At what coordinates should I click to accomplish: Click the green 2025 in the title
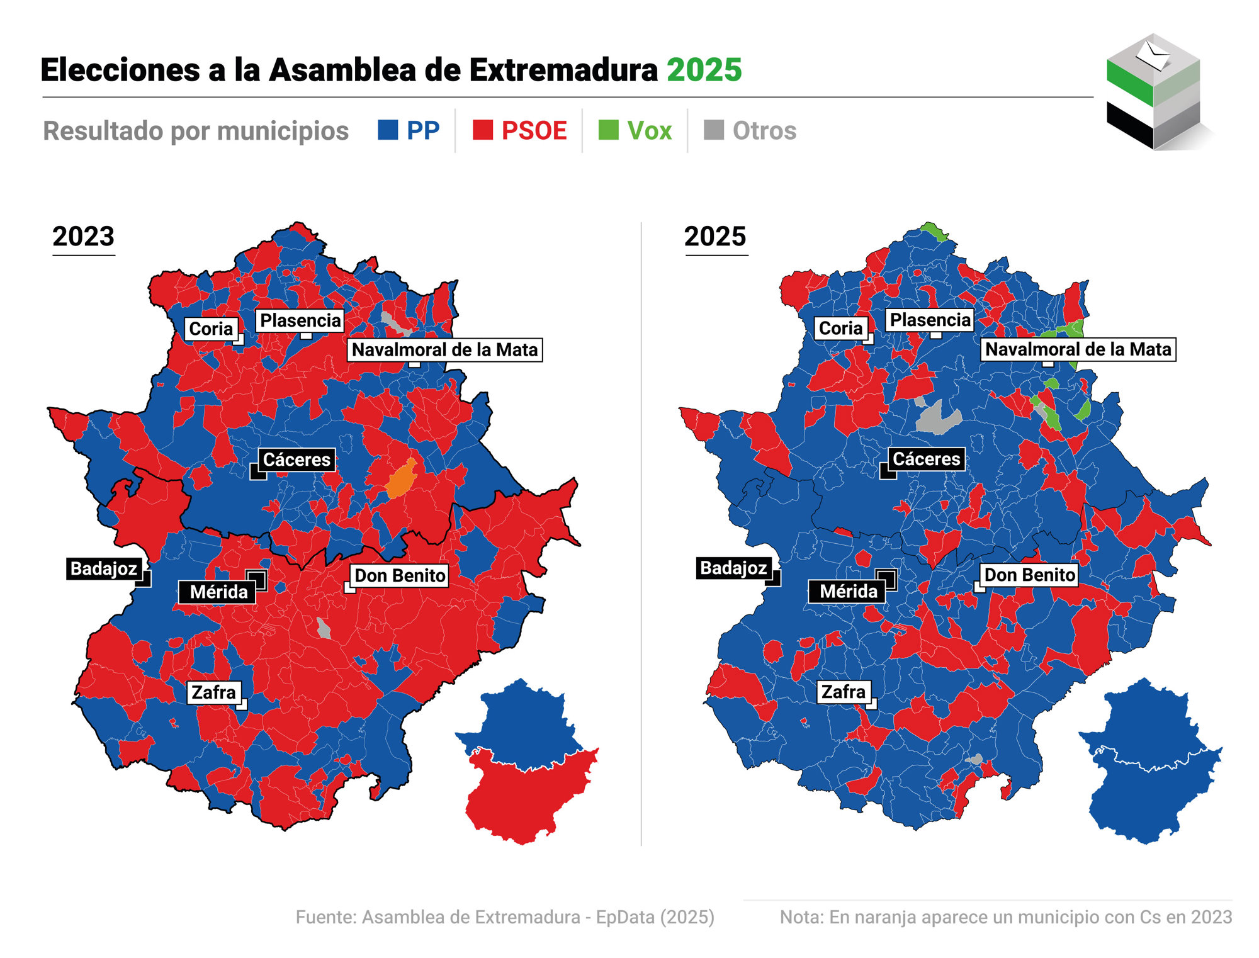pyautogui.click(x=704, y=70)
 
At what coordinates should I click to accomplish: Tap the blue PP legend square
pyautogui.click(x=388, y=130)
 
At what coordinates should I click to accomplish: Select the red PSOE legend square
pyautogui.click(x=483, y=130)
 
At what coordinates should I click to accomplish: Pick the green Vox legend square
pyautogui.click(x=609, y=130)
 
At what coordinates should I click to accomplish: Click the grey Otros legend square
pyautogui.click(x=714, y=130)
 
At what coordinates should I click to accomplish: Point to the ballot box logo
pyautogui.click(x=1153, y=92)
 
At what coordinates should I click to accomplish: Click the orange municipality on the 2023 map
pyautogui.click(x=401, y=480)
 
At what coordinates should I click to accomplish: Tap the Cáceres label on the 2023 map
pyautogui.click(x=296, y=459)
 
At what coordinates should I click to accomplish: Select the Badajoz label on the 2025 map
pyautogui.click(x=733, y=568)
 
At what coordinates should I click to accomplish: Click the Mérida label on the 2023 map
pyautogui.click(x=218, y=592)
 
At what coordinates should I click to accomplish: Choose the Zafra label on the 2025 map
pyautogui.click(x=844, y=692)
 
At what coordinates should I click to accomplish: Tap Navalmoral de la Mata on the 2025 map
pyautogui.click(x=1078, y=349)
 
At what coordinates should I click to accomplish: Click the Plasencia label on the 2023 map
pyautogui.click(x=300, y=320)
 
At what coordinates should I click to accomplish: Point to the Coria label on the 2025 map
pyautogui.click(x=840, y=328)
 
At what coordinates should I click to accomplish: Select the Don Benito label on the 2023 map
pyautogui.click(x=400, y=575)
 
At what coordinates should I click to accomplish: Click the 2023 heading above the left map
pyautogui.click(x=83, y=237)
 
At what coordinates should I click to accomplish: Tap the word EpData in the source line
pyautogui.click(x=624, y=917)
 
